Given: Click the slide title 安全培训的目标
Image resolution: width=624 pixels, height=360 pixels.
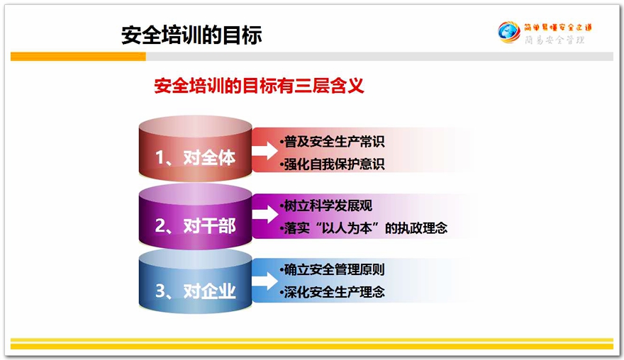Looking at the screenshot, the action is tap(191, 35).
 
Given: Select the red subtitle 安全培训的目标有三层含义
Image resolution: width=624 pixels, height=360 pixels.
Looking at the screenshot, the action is tap(259, 86).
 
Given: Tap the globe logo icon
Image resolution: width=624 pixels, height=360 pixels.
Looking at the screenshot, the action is tap(509, 32).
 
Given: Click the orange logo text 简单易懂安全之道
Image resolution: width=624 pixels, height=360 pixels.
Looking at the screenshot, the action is tap(557, 27).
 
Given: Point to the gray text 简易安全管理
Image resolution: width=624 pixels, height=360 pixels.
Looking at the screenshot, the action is tap(555, 40).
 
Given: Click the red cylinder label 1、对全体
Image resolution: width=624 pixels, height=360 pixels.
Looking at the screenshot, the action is tap(196, 157).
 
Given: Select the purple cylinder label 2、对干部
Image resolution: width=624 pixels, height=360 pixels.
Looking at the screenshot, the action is tap(196, 226).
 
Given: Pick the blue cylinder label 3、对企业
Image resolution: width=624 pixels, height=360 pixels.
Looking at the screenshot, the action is tap(196, 291).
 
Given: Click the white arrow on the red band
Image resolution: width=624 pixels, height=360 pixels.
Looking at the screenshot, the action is tap(264, 150).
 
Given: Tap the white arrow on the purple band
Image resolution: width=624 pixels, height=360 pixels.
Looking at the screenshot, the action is tap(264, 215).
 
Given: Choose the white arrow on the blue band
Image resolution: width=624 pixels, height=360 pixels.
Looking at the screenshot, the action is tap(264, 281).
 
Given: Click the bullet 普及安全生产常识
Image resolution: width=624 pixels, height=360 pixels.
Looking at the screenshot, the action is tap(333, 141).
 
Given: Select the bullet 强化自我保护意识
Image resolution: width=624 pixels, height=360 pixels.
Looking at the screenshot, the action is tap(333, 164).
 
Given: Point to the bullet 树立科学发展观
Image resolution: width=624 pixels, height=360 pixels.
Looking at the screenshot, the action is tap(326, 206).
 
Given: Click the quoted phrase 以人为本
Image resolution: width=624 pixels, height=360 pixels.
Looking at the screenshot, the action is tap(346, 228).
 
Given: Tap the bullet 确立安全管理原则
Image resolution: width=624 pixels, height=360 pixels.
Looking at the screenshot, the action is tap(333, 270).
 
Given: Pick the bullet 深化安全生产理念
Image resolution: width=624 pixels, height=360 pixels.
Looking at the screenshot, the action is tap(333, 293).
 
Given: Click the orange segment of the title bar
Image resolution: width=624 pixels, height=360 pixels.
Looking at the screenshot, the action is tap(78, 57).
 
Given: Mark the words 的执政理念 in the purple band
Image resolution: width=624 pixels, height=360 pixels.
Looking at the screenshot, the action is tap(416, 228).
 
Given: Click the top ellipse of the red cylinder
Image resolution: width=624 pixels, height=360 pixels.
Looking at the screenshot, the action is tap(196, 128).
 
